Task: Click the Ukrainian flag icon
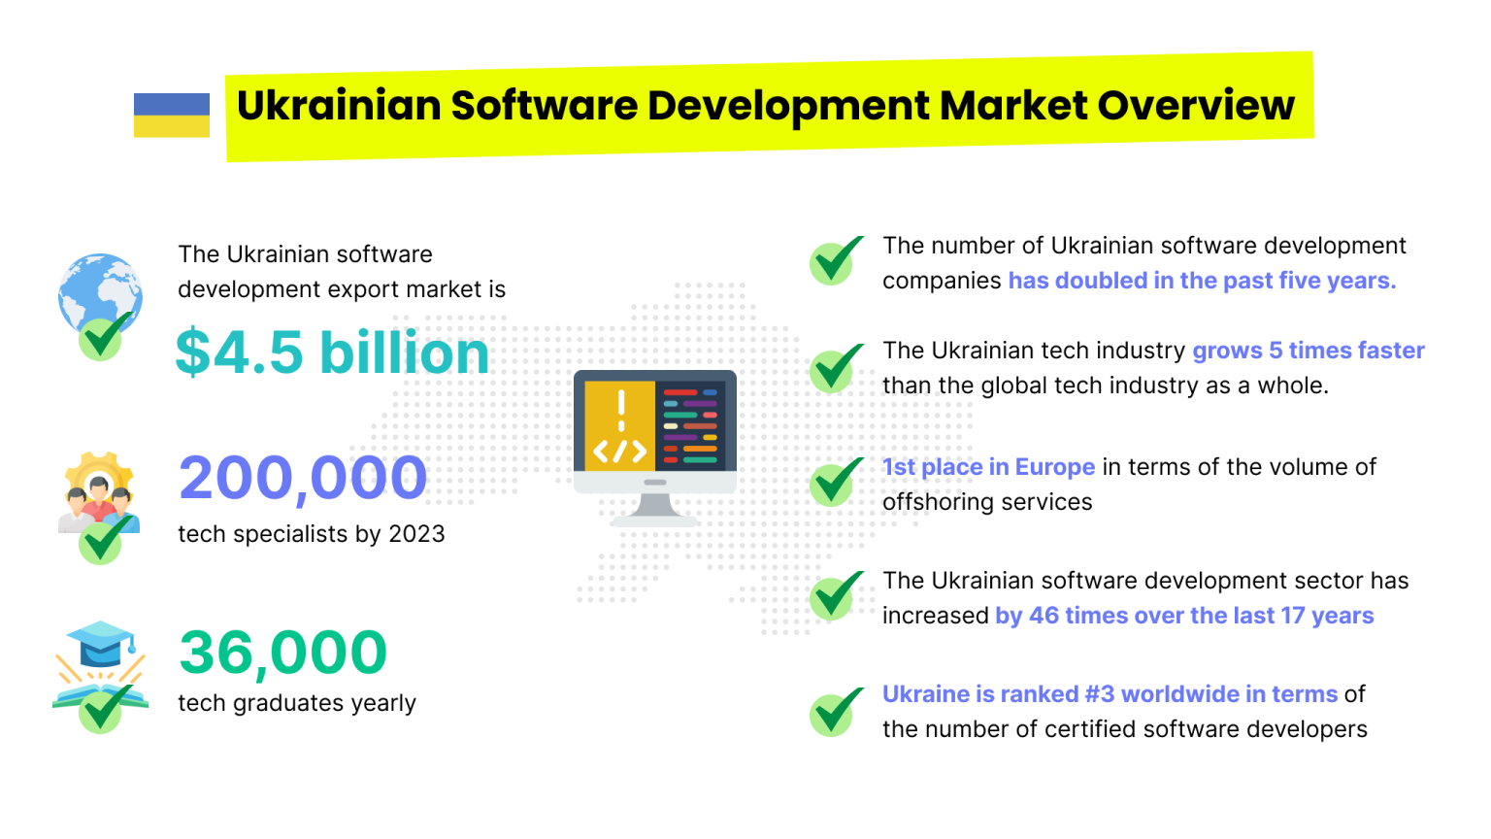172,115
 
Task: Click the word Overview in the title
1196,105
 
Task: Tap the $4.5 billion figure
332,352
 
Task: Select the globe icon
99,291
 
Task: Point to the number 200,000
303,478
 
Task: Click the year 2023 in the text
416,534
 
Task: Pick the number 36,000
282,652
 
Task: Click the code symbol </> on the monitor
620,452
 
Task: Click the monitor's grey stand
654,508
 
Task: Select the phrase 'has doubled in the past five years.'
1202,281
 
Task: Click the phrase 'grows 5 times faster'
1308,351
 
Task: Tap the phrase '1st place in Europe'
988,467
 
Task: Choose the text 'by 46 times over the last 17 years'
1184,616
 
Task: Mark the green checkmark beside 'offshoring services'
833,483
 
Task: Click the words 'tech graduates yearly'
297,703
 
